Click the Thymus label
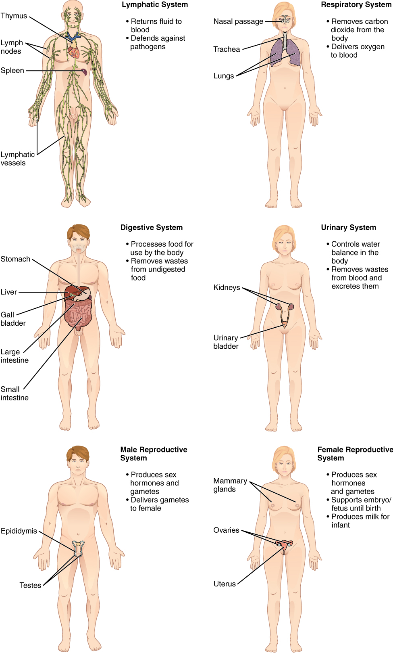pyautogui.click(x=14, y=16)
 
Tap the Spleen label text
pyautogui.click(x=12, y=71)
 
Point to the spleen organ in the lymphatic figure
pyautogui.click(x=84, y=72)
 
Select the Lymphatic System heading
pyautogui.click(x=155, y=5)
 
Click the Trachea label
pyautogui.click(x=227, y=50)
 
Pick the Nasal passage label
pyautogui.click(x=238, y=21)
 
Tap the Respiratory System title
pyautogui.click(x=356, y=5)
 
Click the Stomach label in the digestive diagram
pyautogui.click(x=15, y=259)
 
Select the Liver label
pyautogui.click(x=9, y=292)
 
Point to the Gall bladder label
pyautogui.click(x=13, y=319)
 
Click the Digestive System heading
pyautogui.click(x=151, y=228)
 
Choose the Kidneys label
pyautogui.click(x=227, y=288)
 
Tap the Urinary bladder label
pyautogui.click(x=226, y=342)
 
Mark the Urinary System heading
pyautogui.click(x=348, y=228)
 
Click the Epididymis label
pyautogui.click(x=19, y=531)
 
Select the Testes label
pyautogui.click(x=30, y=586)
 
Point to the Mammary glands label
pyautogui.click(x=230, y=485)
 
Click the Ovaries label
pyautogui.click(x=226, y=530)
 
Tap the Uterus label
pyautogui.click(x=225, y=584)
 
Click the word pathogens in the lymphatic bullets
pyautogui.click(x=148, y=47)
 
